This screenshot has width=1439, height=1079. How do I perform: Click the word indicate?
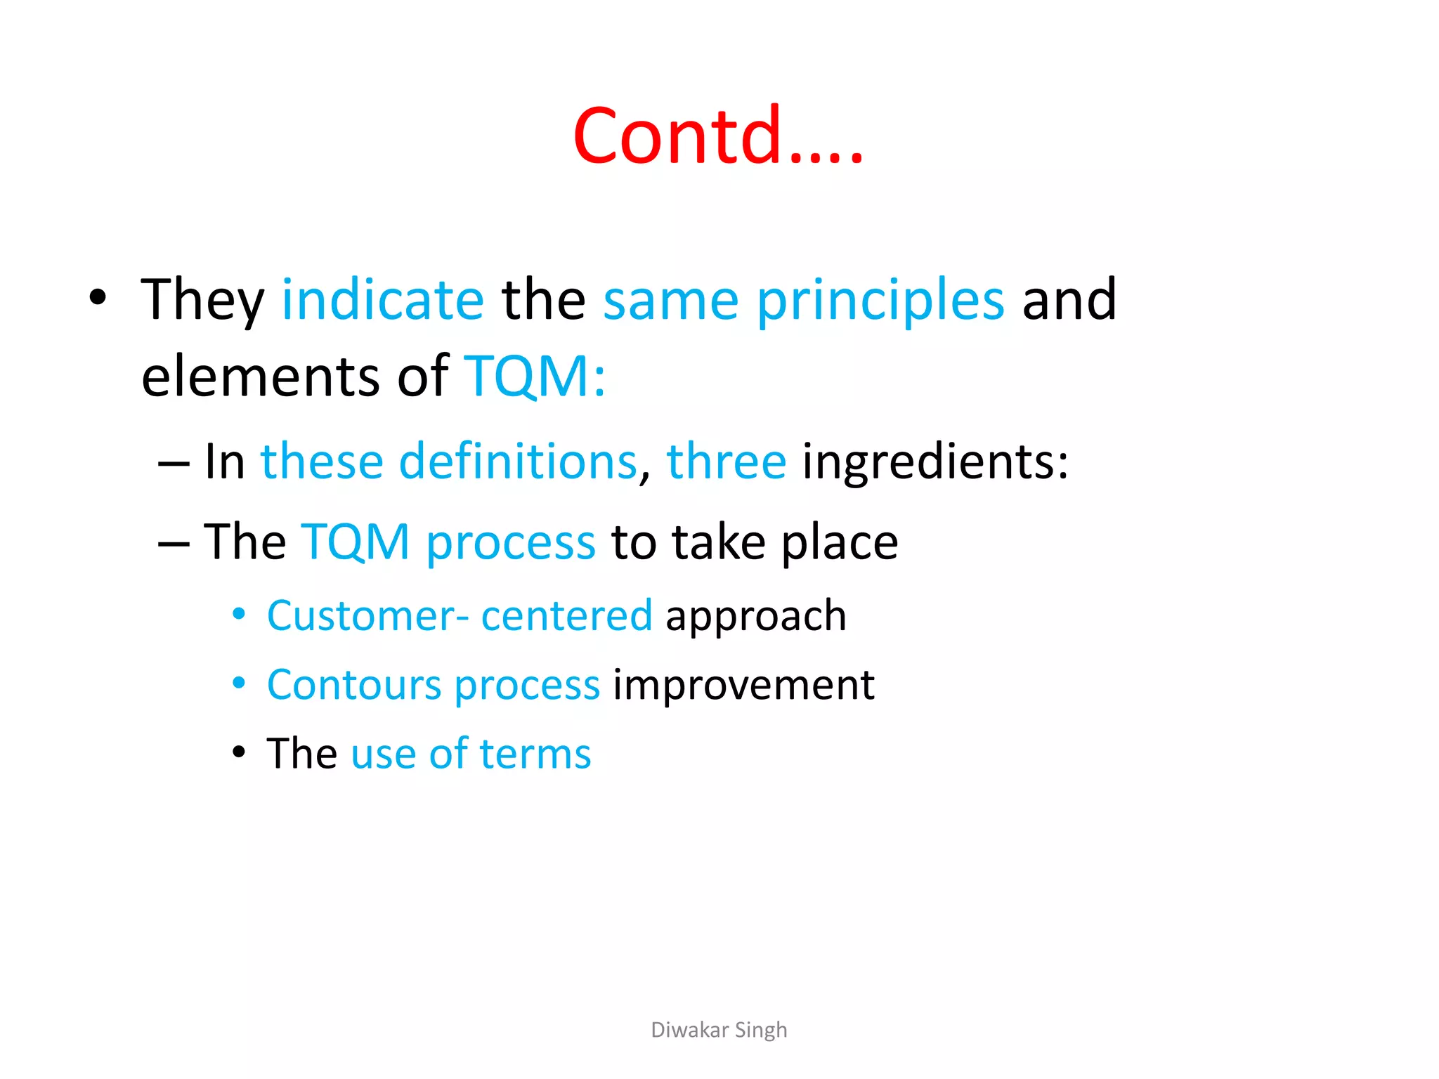tap(383, 300)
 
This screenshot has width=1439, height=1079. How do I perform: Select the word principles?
tap(880, 302)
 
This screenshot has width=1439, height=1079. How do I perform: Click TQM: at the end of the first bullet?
tap(535, 377)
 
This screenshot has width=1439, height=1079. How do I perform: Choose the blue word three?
tap(726, 462)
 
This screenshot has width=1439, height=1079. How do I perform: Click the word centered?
tap(566, 616)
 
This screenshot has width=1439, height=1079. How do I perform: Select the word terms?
tap(535, 754)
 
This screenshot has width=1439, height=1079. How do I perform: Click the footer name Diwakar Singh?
tap(719, 1030)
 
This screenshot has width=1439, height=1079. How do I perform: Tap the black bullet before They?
tap(98, 298)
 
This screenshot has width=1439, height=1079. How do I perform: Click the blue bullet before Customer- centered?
tap(239, 614)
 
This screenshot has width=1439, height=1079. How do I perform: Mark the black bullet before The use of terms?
tap(239, 752)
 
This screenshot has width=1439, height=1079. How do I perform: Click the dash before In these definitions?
tap(174, 464)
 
